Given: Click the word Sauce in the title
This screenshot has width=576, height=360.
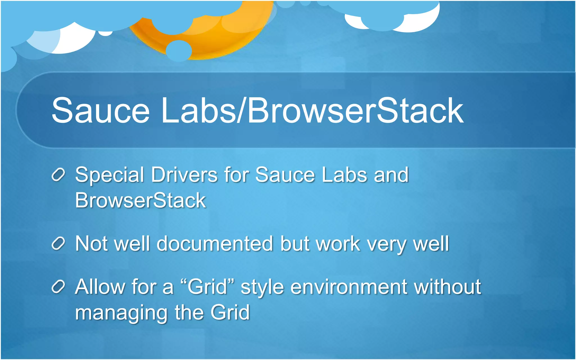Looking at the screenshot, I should pyautogui.click(x=100, y=110).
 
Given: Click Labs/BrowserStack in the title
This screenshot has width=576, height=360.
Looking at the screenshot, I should pyautogui.click(x=312, y=110).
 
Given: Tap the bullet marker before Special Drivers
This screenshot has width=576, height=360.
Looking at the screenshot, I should pyautogui.click(x=58, y=175).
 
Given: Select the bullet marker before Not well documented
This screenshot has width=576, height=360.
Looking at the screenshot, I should pyautogui.click(x=58, y=244).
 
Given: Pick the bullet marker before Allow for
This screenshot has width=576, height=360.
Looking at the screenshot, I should pyautogui.click(x=58, y=287).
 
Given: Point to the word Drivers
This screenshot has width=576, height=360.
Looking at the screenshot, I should pyautogui.click(x=184, y=175).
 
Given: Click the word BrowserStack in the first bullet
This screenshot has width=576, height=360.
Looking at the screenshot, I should pyautogui.click(x=140, y=200).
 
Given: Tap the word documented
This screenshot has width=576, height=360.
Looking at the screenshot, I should pyautogui.click(x=215, y=244).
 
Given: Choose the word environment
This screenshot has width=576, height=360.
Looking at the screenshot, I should pyautogui.click(x=349, y=287).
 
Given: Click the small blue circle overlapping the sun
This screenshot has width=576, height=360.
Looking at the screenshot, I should pyautogui.click(x=179, y=51).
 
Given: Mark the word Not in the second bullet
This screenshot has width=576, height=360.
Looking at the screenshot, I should pyautogui.click(x=92, y=244).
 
